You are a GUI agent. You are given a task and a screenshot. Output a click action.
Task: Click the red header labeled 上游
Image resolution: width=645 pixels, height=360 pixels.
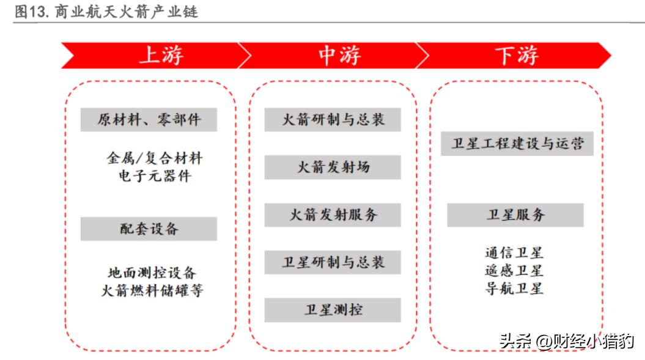click(161, 55)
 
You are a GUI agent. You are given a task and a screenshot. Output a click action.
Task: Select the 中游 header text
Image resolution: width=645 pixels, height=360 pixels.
click(340, 55)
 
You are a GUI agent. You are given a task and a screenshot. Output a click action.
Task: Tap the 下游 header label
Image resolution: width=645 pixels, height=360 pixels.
click(517, 55)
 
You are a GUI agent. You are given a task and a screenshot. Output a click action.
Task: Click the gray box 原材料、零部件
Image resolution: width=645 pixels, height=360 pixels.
click(149, 120)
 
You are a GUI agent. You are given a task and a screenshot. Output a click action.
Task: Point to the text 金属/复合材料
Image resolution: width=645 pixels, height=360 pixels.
click(155, 158)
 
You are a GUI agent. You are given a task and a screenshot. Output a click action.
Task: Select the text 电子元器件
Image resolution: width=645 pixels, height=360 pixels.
click(155, 176)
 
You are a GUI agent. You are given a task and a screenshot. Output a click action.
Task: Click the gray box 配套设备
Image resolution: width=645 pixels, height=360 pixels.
click(149, 229)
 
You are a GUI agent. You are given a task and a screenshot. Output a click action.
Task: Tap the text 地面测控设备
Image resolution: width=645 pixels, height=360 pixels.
click(152, 273)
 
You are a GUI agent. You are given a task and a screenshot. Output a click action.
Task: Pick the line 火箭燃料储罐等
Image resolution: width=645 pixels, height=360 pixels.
click(152, 290)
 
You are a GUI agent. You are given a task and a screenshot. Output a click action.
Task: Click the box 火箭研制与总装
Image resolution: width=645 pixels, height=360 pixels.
click(333, 120)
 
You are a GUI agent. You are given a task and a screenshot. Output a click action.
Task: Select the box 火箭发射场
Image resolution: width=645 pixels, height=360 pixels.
click(333, 167)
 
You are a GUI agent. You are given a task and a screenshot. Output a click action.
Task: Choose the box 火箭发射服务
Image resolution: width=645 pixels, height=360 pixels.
click(333, 215)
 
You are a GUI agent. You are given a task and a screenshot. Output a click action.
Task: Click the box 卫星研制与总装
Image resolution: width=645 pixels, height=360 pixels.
click(333, 262)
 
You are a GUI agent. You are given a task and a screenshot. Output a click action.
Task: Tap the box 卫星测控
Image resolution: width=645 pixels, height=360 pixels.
click(333, 310)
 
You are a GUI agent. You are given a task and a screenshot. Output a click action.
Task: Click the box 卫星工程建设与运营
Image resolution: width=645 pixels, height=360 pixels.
click(517, 144)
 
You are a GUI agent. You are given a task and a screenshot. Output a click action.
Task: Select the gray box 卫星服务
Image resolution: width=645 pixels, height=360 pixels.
click(515, 215)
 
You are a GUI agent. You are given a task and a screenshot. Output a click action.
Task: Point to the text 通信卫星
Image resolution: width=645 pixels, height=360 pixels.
click(514, 252)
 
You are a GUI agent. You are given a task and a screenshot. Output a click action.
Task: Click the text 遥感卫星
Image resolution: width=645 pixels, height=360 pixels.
click(514, 271)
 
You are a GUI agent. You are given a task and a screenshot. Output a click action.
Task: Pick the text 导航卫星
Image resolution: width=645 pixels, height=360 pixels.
click(514, 288)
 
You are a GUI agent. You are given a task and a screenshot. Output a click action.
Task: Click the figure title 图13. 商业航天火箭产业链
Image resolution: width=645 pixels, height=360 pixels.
click(106, 11)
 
